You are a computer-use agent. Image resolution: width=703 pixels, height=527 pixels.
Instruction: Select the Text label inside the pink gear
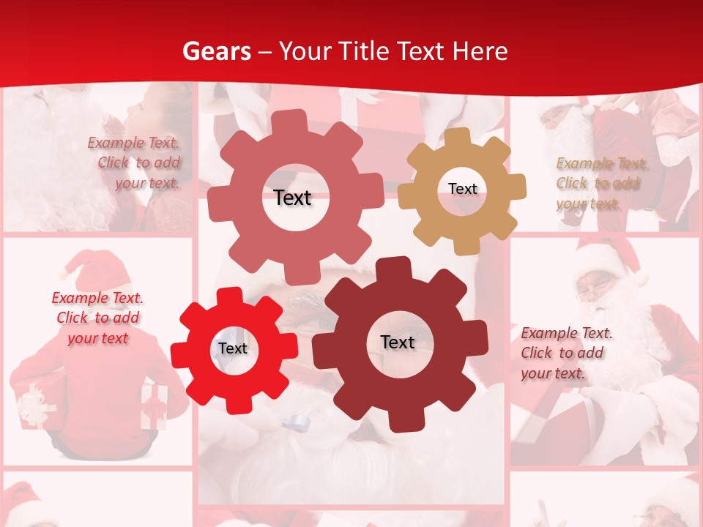click(292, 198)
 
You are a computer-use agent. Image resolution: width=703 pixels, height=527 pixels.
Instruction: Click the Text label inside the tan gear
click(462, 189)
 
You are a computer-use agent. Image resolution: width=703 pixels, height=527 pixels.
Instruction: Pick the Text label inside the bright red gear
click(233, 348)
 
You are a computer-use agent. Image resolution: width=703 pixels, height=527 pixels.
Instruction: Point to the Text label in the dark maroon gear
click(398, 342)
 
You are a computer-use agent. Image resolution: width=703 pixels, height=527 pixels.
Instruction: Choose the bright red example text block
click(97, 318)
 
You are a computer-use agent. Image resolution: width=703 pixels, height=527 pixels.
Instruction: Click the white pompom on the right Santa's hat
click(641, 279)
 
